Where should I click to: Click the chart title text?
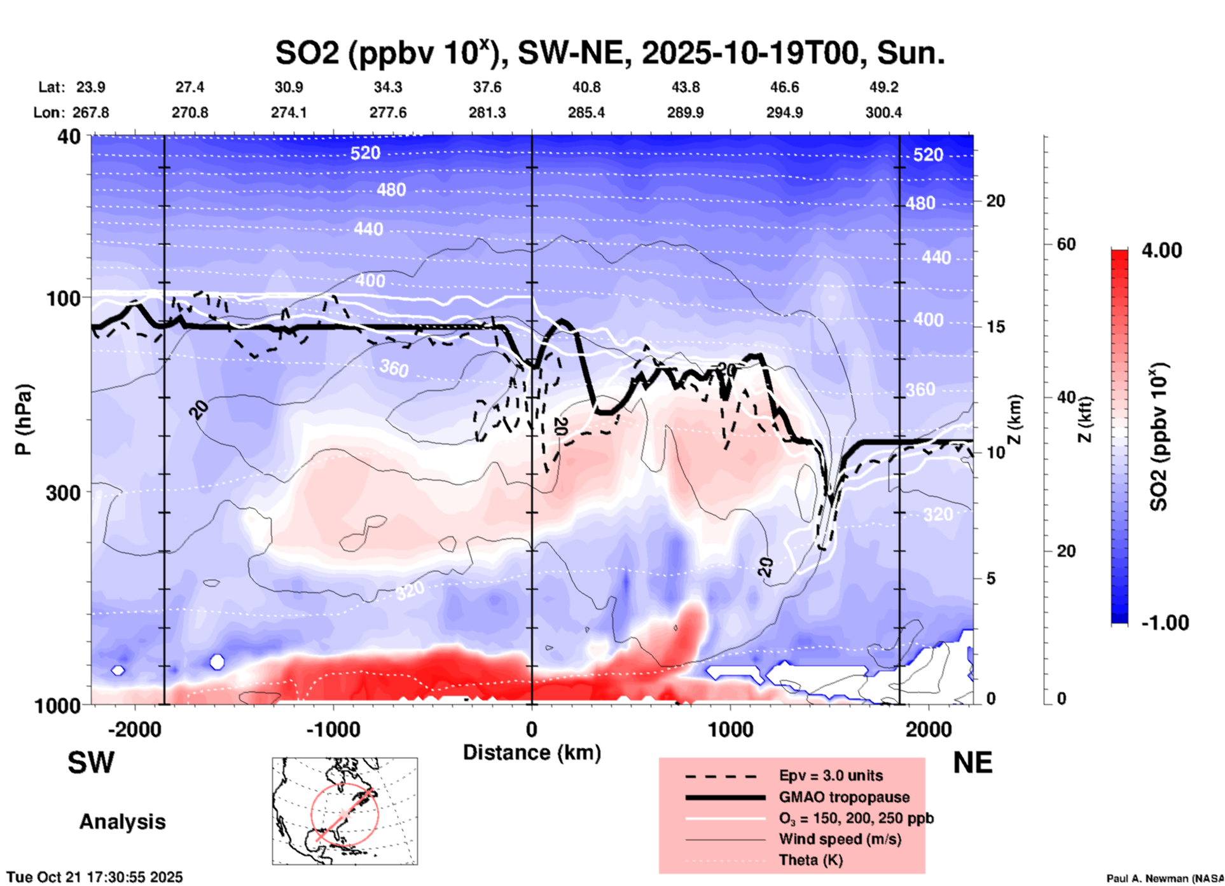609,53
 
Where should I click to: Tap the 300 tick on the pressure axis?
64,493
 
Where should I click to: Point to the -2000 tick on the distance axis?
134,729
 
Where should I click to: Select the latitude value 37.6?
487,87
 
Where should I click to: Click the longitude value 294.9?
784,112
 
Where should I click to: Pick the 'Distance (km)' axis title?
532,753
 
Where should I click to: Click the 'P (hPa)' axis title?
24,419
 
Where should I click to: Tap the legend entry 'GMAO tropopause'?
844,797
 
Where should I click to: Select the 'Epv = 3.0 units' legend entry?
831,775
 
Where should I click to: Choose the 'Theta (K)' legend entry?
810,860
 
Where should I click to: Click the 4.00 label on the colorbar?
1161,250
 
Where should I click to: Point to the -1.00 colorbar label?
1165,623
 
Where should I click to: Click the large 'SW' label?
91,763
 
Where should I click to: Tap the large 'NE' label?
972,763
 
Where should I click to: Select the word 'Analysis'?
122,822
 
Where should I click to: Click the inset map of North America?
345,811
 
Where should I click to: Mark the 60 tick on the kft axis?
1066,244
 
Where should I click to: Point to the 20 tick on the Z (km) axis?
995,201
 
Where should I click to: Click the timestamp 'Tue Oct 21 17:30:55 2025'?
95,877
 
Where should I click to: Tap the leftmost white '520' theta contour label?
365,153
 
